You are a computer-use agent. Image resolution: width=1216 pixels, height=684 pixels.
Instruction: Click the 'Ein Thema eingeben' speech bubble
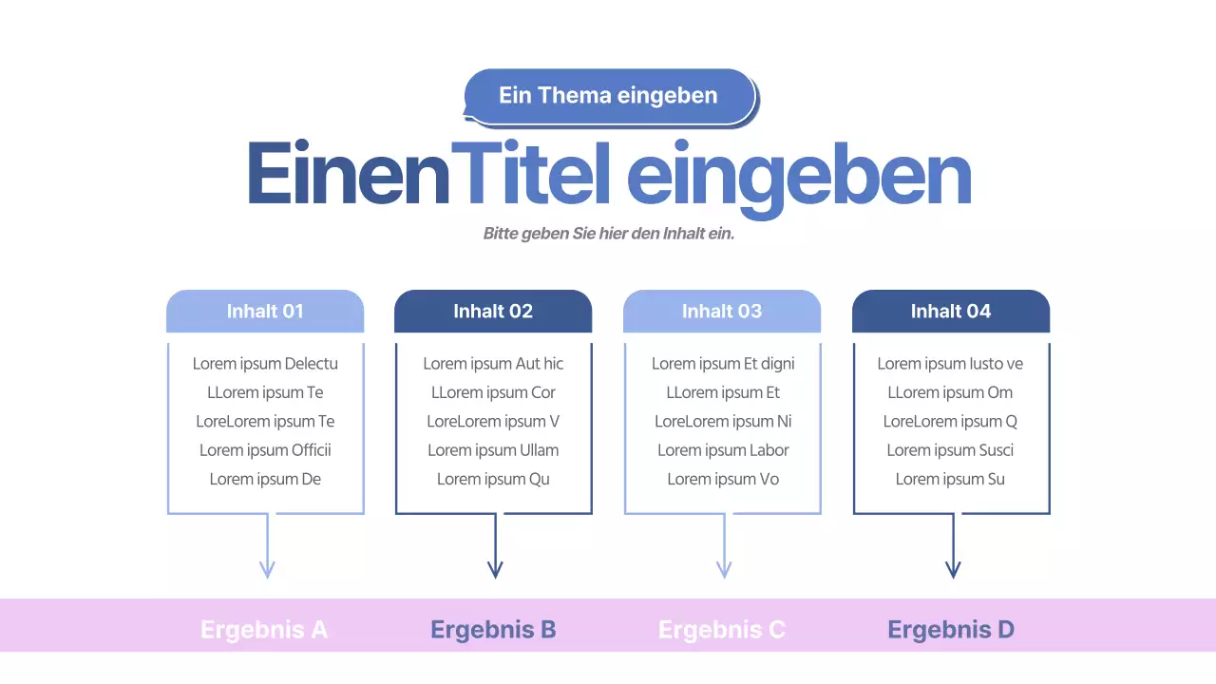(608, 96)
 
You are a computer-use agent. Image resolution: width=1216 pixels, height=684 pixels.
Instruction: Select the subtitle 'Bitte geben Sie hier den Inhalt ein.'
(609, 234)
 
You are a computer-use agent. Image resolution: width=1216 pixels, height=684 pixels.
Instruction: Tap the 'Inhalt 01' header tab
(265, 312)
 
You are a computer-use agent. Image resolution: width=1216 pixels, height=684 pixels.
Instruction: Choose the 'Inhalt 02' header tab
(493, 312)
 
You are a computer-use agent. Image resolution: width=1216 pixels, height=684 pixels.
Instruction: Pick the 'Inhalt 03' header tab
(722, 312)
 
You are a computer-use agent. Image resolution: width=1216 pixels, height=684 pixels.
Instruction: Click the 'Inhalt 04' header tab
(951, 312)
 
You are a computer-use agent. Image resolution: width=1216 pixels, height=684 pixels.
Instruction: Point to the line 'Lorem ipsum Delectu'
(265, 364)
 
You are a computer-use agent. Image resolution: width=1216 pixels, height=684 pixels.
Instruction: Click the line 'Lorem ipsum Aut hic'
(493, 364)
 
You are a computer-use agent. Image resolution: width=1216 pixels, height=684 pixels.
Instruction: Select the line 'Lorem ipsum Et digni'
(723, 364)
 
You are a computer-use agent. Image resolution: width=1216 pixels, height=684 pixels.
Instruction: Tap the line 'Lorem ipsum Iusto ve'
(950, 364)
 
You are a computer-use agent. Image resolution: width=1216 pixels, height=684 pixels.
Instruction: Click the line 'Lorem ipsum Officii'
(265, 450)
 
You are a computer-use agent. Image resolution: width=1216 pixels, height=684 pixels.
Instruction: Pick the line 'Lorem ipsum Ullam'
(493, 450)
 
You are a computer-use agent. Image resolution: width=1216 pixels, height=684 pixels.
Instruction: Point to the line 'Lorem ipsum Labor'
(723, 450)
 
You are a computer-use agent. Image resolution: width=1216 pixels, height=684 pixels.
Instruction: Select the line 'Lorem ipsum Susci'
(950, 450)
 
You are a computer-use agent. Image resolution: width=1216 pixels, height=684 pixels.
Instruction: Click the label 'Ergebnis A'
(264, 629)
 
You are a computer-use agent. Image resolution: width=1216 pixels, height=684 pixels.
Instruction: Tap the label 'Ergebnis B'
(493, 629)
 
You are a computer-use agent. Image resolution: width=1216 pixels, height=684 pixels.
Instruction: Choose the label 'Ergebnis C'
(722, 629)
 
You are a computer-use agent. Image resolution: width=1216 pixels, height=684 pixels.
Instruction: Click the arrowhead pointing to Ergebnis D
(953, 570)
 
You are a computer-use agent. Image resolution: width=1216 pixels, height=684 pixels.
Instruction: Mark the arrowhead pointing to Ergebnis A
(267, 570)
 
